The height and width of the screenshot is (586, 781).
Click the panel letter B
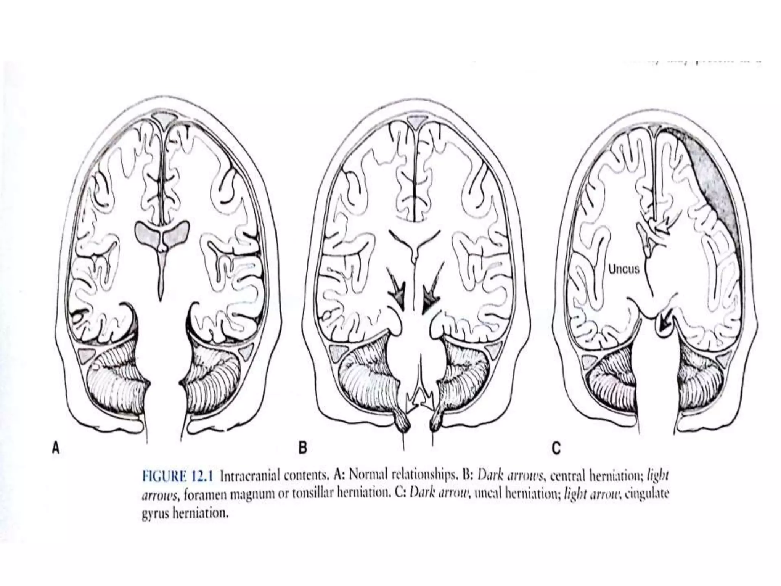point(302,448)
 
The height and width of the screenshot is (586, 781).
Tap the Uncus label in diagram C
point(624,270)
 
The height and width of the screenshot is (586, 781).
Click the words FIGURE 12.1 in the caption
point(178,477)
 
